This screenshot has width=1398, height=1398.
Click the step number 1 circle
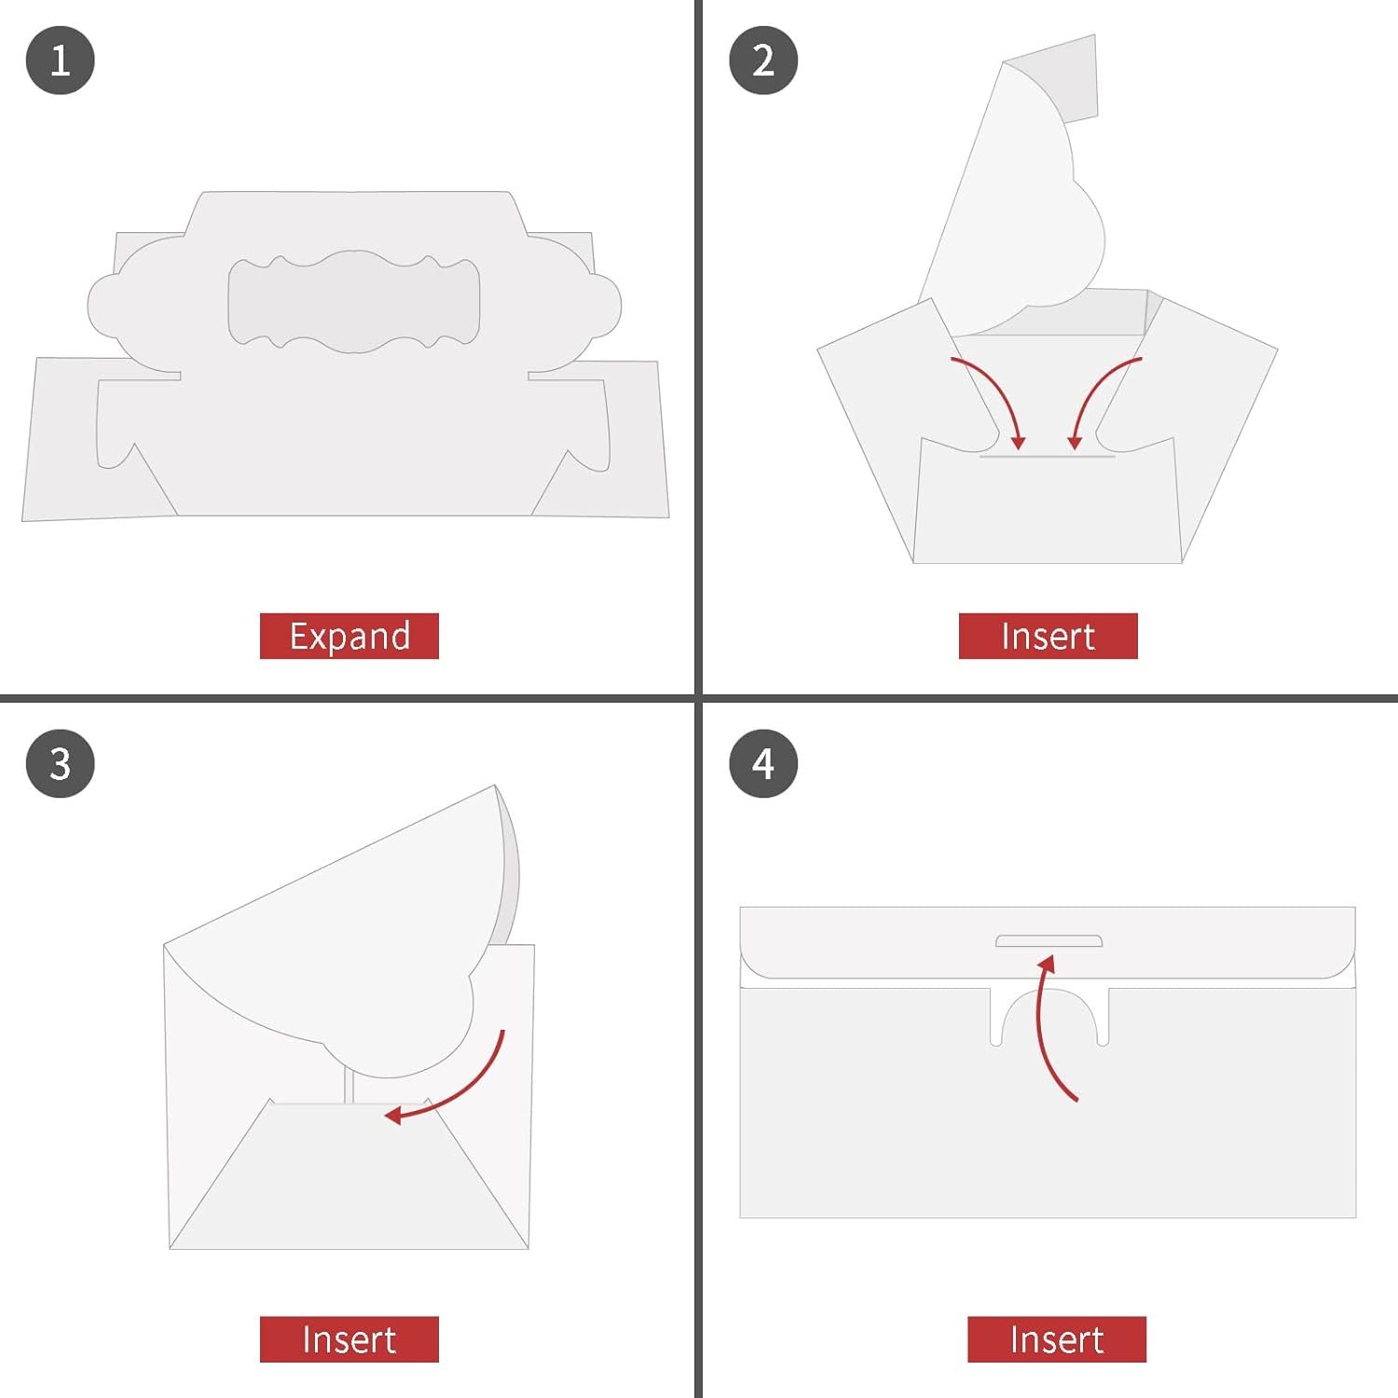point(61,61)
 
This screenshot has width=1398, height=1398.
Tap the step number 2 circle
point(763,61)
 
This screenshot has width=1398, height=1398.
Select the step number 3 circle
point(61,763)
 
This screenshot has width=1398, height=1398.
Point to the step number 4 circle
point(763,763)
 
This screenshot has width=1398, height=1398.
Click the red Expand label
point(349,636)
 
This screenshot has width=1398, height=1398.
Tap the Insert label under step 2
point(1048,636)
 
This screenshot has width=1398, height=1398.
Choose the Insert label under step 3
point(349,1339)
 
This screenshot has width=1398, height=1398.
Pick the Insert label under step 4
point(1056,1339)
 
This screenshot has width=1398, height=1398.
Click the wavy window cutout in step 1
point(354,302)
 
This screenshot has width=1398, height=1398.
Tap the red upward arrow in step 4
point(1046,1025)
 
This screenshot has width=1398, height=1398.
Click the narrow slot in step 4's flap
point(1049,941)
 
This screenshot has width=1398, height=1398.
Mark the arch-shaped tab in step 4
point(1049,1016)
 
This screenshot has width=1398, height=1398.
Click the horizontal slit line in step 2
point(1048,456)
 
